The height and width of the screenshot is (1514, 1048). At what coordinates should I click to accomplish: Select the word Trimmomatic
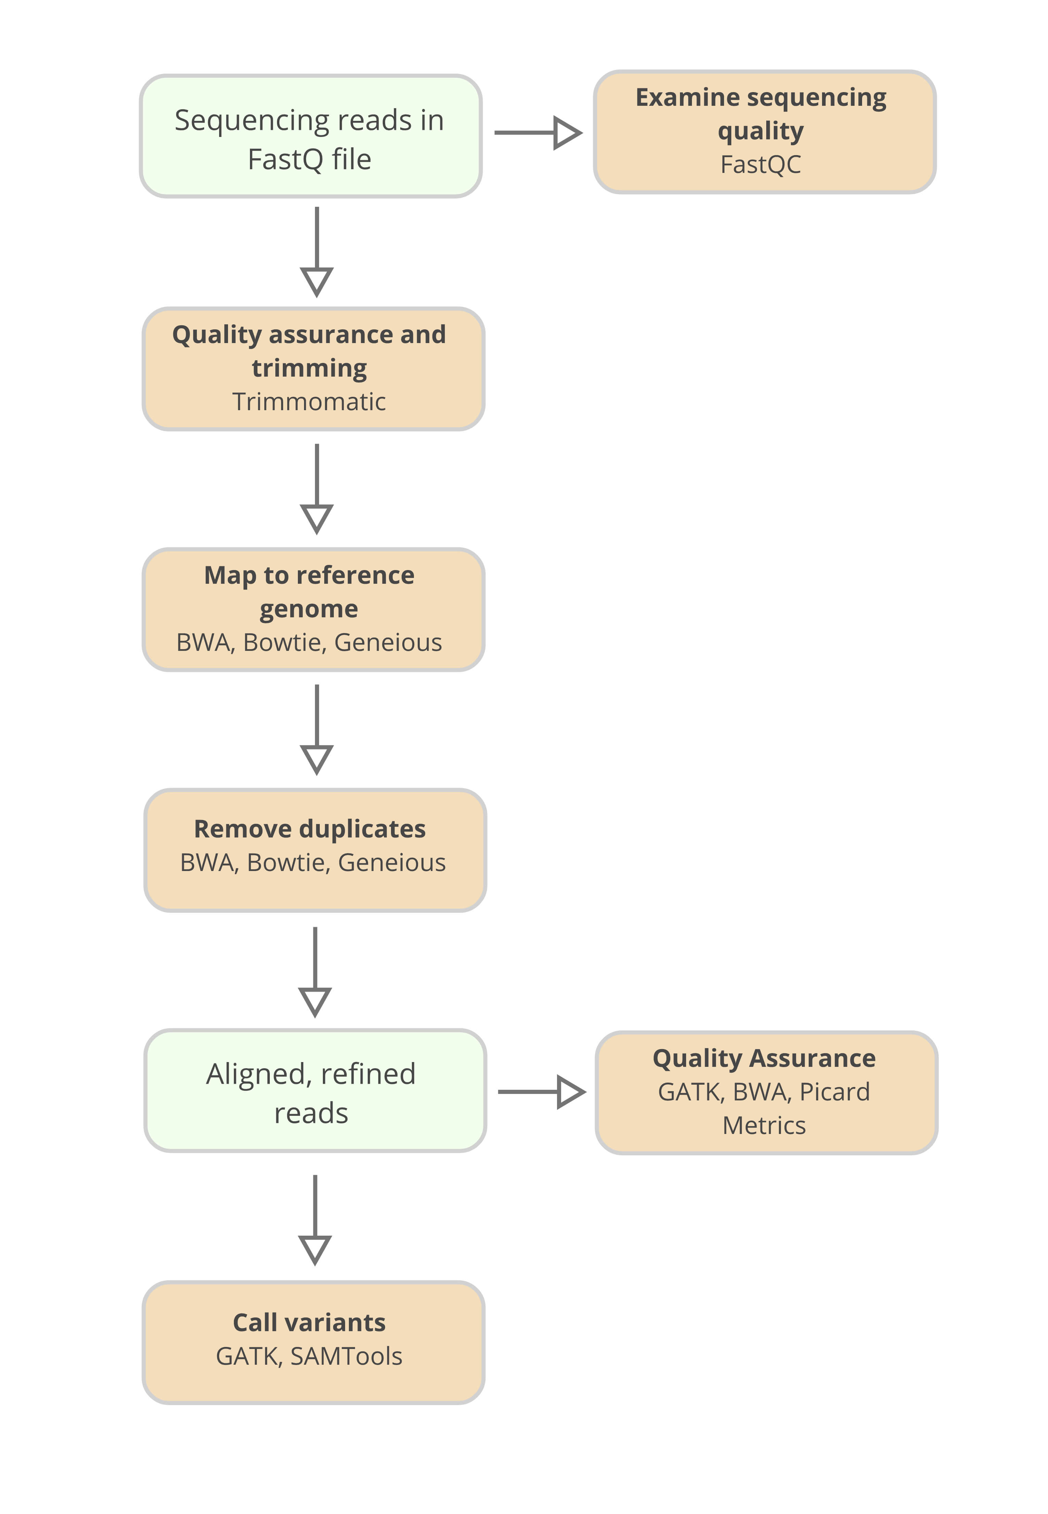pos(308,402)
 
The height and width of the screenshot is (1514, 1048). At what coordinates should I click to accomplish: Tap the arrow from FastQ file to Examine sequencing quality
pos(537,133)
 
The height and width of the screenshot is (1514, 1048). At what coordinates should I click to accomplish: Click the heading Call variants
pos(309,1322)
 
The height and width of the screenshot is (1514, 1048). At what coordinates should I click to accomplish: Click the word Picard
pos(835,1092)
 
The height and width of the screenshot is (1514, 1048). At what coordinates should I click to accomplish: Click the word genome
pos(308,609)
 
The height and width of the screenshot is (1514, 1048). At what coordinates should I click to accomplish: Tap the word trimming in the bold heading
pos(309,368)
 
